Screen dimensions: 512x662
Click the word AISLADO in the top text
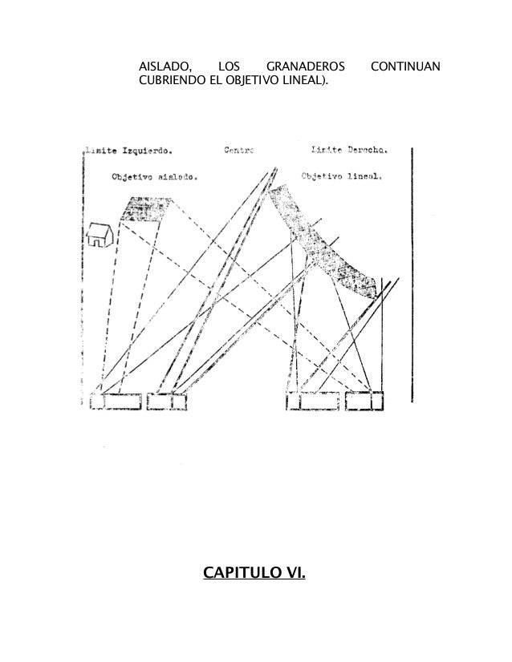pos(163,66)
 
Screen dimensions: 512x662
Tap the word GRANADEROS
pos(306,66)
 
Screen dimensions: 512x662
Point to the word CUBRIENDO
pos(170,81)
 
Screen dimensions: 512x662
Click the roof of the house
pos(99,228)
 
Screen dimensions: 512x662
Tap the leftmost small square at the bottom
pos(97,401)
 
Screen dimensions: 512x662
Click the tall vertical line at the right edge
pos(412,272)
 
